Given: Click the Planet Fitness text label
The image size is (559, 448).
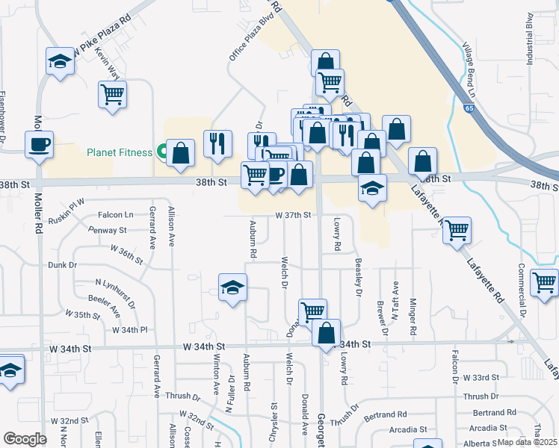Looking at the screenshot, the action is click(x=120, y=152).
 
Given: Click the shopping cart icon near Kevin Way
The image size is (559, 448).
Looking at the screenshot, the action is click(x=113, y=95).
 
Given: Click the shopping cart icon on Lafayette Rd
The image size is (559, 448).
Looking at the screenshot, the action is click(x=457, y=231).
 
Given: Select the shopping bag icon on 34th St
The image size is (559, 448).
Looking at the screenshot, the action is click(x=327, y=333).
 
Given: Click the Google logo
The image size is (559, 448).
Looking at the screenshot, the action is click(x=25, y=439).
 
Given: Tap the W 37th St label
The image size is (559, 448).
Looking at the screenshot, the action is click(x=292, y=215).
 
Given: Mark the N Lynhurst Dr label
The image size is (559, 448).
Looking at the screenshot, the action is click(x=115, y=293).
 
